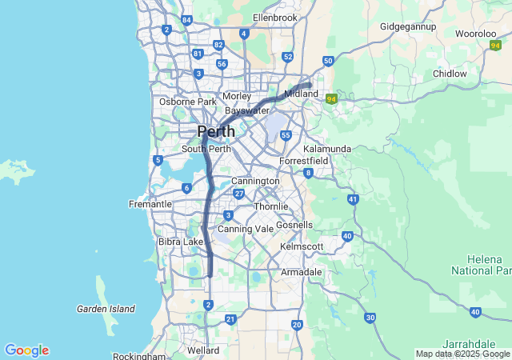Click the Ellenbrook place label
pyautogui.click(x=274, y=17)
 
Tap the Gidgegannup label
pyautogui.click(x=408, y=26)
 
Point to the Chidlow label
pyautogui.click(x=450, y=74)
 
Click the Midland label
pyautogui.click(x=302, y=94)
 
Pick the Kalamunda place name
pyautogui.click(x=326, y=149)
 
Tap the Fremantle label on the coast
pyautogui.click(x=150, y=204)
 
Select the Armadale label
pyautogui.click(x=301, y=272)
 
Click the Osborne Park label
pyautogui.click(x=188, y=102)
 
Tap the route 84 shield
pyautogui.click(x=186, y=20)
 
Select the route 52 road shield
pyautogui.click(x=287, y=56)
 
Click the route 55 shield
pyautogui.click(x=285, y=135)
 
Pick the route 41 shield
pyautogui.click(x=353, y=198)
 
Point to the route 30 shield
pyautogui.click(x=370, y=318)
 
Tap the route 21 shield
pyautogui.click(x=230, y=319)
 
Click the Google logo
pyautogui.click(x=26, y=350)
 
